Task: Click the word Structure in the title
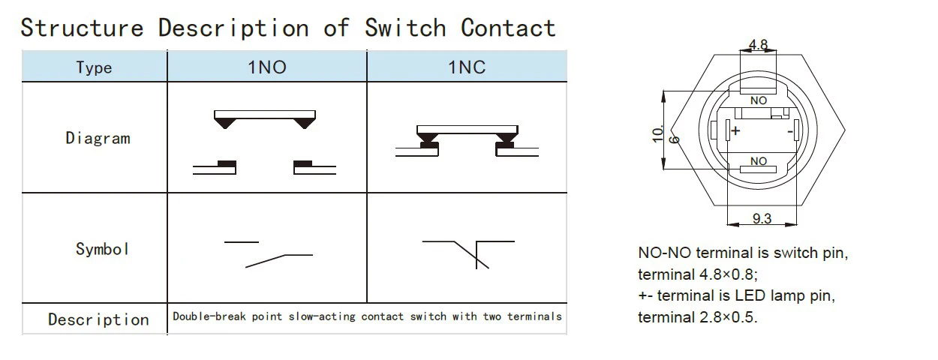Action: coord(82,28)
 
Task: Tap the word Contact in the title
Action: coord(508,28)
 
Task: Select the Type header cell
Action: coord(94,67)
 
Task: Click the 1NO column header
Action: coord(266,67)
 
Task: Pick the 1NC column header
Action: coord(467,67)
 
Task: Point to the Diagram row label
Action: coord(98,138)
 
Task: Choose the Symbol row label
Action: coord(102,249)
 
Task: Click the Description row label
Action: coord(98,319)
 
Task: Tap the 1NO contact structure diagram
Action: coord(263,142)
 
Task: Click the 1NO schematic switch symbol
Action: coord(268,253)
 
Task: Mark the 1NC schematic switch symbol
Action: coord(469,252)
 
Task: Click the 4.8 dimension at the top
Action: coord(758,45)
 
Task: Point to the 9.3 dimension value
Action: coord(761,219)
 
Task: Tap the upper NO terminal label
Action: coord(759,100)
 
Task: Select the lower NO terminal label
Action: coord(759,161)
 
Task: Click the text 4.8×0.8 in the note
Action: coord(733,274)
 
